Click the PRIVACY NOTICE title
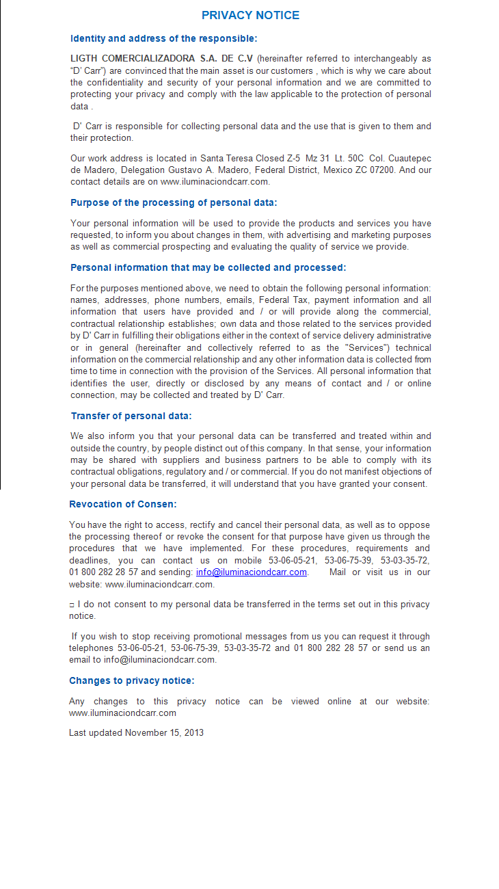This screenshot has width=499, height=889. pyautogui.click(x=250, y=15)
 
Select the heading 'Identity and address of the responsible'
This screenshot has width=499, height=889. pyautogui.click(x=164, y=38)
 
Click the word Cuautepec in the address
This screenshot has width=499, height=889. pyautogui.click(x=409, y=158)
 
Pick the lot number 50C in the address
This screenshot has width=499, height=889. pyautogui.click(x=355, y=158)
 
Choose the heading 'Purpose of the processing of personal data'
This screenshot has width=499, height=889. pyautogui.click(x=174, y=202)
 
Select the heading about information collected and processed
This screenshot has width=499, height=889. pyautogui.click(x=208, y=267)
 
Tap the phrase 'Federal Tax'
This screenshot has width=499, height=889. pyautogui.click(x=286, y=300)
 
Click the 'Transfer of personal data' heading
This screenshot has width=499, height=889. pyautogui.click(x=131, y=416)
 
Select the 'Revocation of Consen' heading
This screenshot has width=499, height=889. pyautogui.click(x=123, y=504)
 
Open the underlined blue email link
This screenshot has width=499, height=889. pyautogui.click(x=252, y=572)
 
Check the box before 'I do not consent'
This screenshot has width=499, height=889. pyautogui.click(x=72, y=605)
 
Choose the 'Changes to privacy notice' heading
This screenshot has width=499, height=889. pyautogui.click(x=132, y=680)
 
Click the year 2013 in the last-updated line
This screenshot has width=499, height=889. pyautogui.click(x=193, y=732)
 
